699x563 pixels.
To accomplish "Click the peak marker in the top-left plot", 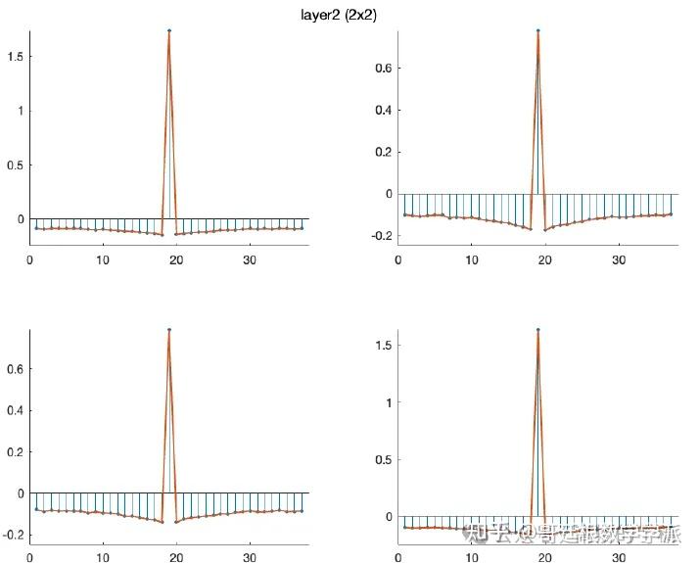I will pos(169,30).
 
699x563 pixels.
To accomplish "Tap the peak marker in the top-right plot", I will pos(537,30).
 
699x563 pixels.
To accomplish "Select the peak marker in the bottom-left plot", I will pos(169,330).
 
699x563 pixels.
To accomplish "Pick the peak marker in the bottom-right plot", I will pos(537,330).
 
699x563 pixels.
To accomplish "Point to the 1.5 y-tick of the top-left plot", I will pos(15,57).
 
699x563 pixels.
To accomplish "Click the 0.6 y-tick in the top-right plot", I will pos(382,68).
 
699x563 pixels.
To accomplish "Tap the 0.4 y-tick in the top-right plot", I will pos(382,110).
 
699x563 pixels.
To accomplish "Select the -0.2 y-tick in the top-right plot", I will pos(380,236).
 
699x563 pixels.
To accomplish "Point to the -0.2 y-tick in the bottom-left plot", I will pos(13,535).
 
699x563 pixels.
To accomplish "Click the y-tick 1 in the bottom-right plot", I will pos(388,402).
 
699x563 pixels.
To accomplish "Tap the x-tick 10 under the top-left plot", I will pos(103,259).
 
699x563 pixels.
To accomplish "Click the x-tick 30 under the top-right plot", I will pos(619,259).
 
